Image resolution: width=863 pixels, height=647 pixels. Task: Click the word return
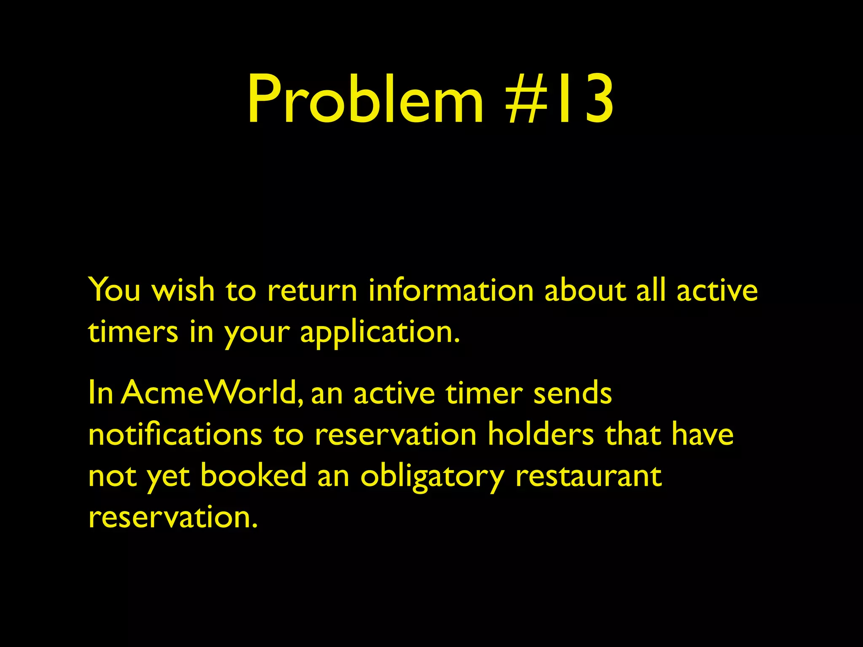click(312, 291)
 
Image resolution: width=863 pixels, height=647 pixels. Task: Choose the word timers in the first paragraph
click(133, 332)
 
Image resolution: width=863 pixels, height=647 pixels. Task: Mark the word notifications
click(175, 434)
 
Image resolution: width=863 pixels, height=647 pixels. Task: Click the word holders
click(541, 434)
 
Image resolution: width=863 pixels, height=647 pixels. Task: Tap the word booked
click(253, 476)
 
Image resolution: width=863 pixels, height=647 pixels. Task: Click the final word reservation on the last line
click(173, 517)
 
